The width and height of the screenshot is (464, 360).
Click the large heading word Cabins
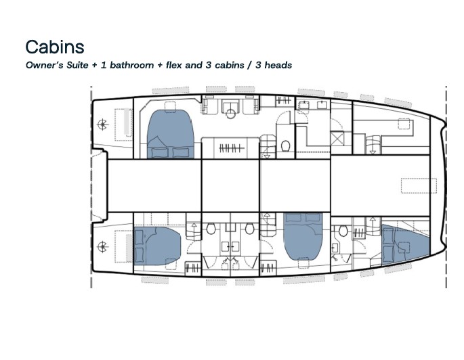[55, 46]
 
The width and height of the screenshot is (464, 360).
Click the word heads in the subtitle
[278, 66]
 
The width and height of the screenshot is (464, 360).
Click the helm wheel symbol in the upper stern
[103, 124]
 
